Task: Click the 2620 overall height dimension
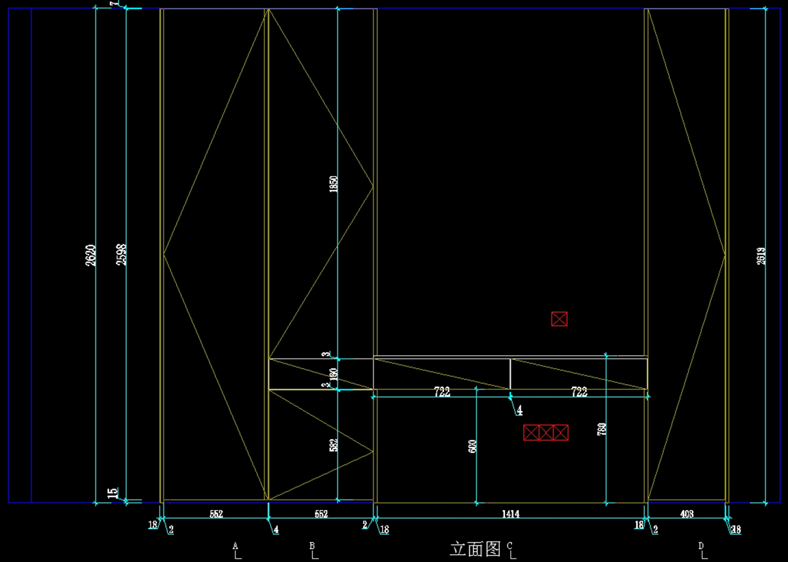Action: click(x=91, y=255)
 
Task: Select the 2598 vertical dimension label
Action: click(x=121, y=255)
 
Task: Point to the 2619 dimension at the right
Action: click(x=761, y=255)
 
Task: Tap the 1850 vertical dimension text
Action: click(x=334, y=184)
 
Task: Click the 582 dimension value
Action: click(x=334, y=446)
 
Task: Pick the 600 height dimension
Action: click(x=472, y=446)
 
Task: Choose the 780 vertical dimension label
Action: click(x=602, y=430)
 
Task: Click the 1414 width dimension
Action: click(x=510, y=514)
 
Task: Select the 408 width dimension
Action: click(x=686, y=514)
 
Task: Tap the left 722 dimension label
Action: click(x=442, y=392)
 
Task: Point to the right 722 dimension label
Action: click(x=579, y=392)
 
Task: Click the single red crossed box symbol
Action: click(x=559, y=319)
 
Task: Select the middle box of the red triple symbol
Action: click(x=546, y=433)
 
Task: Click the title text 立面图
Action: click(x=475, y=548)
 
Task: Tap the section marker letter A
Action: click(x=234, y=546)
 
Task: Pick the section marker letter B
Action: click(x=313, y=546)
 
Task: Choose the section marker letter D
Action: click(x=701, y=546)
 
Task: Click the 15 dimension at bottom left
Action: click(x=112, y=492)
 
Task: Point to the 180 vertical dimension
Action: click(x=334, y=374)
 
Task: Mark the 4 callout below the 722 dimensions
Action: click(x=519, y=410)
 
